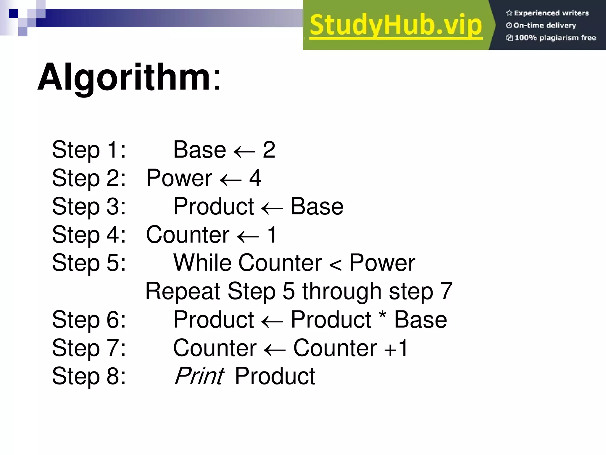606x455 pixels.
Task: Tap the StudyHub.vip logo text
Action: coord(396,25)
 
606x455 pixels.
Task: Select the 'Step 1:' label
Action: coord(89,150)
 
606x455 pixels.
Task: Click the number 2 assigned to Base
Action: coord(269,150)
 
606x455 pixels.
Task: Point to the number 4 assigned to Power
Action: coord(255,178)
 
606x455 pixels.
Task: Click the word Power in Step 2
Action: coord(179,178)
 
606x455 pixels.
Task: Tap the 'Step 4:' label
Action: coord(89,235)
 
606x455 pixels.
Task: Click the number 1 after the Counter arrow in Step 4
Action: coord(272,235)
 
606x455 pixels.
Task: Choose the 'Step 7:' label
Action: coord(89,348)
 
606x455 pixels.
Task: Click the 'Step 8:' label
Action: coord(89,376)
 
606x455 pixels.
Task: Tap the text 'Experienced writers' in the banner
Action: coord(551,13)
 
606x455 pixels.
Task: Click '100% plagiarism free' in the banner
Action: coord(555,38)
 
